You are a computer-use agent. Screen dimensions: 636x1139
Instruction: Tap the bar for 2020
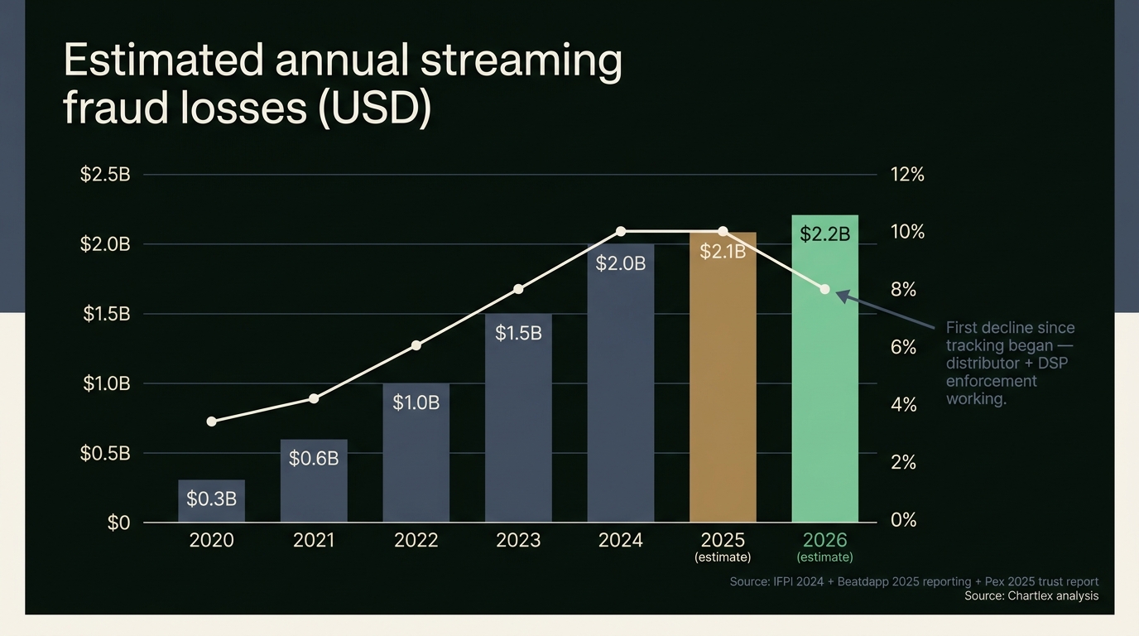211,502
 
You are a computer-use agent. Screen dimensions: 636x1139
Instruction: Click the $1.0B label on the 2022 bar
416,402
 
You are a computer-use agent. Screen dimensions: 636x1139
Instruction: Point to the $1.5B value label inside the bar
518,333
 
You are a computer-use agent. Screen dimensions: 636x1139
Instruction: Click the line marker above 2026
824,289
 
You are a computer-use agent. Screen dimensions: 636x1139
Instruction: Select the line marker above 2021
314,398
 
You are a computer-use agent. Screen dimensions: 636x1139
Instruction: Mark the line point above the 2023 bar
518,289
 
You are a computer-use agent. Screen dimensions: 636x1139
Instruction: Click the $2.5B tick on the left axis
105,175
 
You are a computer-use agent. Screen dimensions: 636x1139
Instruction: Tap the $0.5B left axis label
105,453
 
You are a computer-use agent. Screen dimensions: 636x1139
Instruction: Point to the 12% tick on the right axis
907,175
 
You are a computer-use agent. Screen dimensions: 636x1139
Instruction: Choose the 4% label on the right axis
903,405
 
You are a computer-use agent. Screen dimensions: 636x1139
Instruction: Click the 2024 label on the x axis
621,541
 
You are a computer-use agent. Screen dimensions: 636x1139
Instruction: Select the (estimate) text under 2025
723,557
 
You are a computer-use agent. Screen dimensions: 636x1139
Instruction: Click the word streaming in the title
521,60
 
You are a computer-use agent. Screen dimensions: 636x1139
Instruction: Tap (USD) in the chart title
374,108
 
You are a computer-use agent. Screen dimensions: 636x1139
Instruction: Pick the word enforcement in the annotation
991,381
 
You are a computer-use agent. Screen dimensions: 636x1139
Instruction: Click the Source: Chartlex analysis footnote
1031,596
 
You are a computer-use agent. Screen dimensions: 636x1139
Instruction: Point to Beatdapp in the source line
863,582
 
